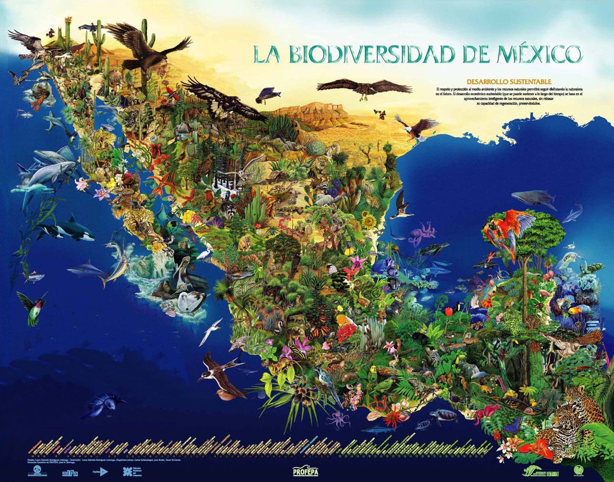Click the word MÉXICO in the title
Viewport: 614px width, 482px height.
coord(531,54)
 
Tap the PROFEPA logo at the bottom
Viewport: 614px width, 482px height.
coord(306,471)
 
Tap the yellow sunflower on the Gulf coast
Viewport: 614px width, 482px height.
coord(369,221)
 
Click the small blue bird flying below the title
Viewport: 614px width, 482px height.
coord(264,95)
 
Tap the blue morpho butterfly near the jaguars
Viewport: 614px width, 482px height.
coord(514,423)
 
